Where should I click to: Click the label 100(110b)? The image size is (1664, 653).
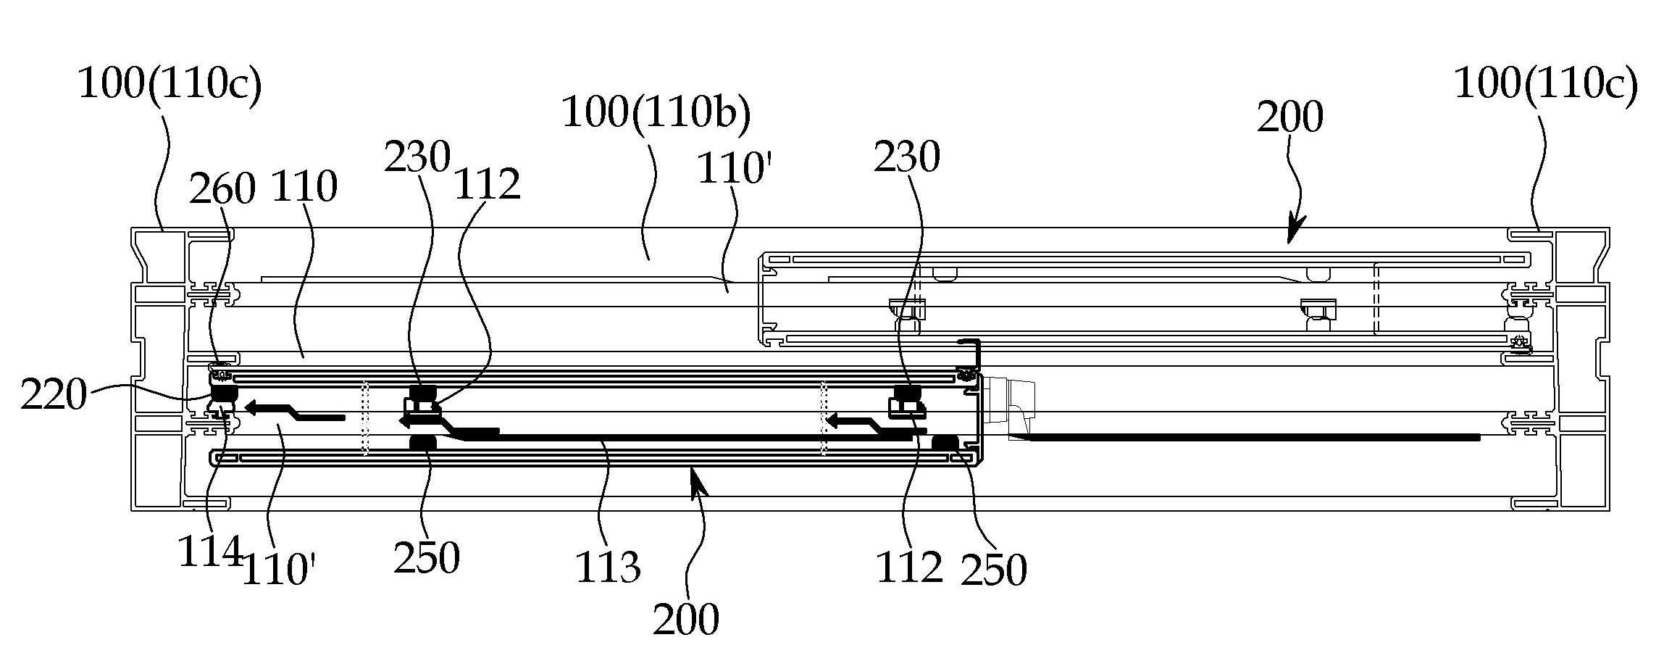click(x=656, y=112)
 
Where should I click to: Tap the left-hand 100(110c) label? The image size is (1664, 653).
click(x=169, y=84)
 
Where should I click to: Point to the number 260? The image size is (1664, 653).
click(x=222, y=189)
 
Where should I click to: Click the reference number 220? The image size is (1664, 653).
click(x=54, y=396)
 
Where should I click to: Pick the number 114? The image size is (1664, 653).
click(x=210, y=552)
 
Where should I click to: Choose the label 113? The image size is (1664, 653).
click(x=608, y=567)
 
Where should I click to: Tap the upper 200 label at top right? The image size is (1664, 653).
click(x=1289, y=117)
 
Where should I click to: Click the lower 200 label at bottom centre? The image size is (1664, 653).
click(x=686, y=619)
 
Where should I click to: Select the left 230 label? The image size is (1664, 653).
click(x=417, y=157)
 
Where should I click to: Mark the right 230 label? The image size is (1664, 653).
click(x=907, y=157)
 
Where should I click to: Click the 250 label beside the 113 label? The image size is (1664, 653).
click(x=427, y=558)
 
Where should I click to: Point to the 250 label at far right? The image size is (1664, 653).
click(x=994, y=570)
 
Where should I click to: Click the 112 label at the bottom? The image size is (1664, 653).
click(x=910, y=567)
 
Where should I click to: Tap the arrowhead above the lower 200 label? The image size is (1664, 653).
click(x=697, y=481)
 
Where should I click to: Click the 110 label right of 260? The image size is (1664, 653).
click(x=304, y=187)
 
